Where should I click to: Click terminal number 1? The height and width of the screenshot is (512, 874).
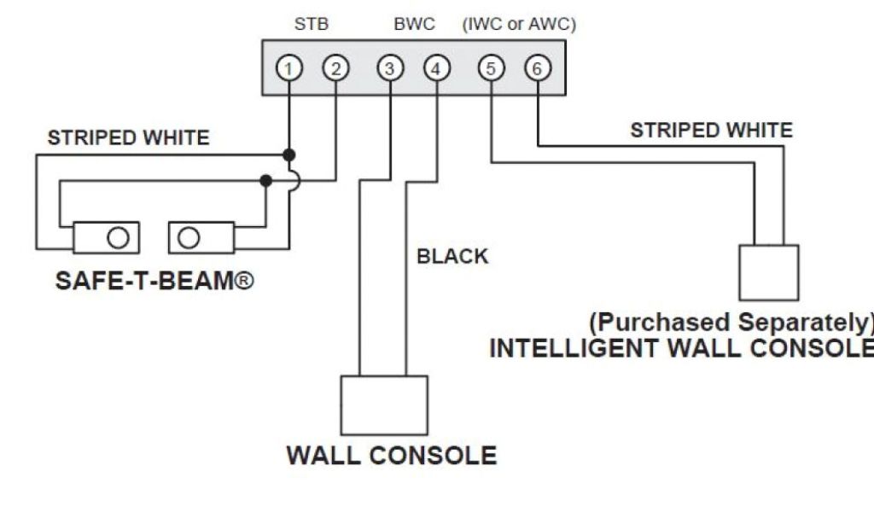click(290, 69)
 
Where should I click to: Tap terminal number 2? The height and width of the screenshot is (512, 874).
click(335, 69)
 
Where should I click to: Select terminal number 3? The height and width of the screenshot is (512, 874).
click(389, 69)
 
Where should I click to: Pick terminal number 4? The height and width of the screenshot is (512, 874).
click(435, 69)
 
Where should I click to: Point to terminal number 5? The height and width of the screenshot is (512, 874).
click(491, 69)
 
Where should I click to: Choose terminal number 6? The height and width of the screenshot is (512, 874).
click(536, 69)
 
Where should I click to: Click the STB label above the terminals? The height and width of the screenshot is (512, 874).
click(312, 25)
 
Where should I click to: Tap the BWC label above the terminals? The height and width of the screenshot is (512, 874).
click(414, 25)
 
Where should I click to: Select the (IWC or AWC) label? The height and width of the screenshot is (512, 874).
click(519, 25)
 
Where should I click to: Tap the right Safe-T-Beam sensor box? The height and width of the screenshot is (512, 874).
click(201, 237)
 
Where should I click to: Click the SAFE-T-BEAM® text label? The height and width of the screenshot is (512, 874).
click(154, 280)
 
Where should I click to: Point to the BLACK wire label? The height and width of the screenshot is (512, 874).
click(452, 256)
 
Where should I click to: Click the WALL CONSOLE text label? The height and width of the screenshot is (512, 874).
click(391, 455)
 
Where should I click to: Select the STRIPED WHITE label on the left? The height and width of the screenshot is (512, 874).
click(128, 137)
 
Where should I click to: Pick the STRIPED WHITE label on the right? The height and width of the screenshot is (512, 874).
click(711, 131)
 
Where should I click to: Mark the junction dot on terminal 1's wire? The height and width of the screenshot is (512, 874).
click(290, 155)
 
